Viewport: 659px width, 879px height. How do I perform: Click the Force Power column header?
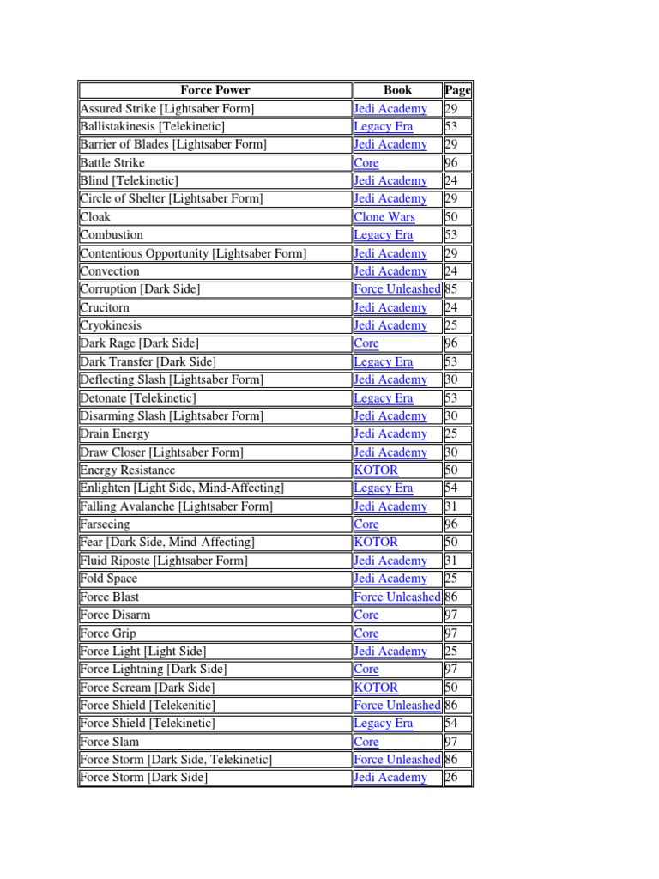215,90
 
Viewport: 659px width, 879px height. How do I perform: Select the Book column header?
397,90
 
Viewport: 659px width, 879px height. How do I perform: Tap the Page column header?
457,90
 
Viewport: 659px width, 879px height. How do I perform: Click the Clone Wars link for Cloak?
384,217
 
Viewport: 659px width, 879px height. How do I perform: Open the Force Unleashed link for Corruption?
397,289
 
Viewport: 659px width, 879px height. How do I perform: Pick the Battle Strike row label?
112,163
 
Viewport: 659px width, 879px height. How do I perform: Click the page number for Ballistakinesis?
452,127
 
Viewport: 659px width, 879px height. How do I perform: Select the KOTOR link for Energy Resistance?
376,470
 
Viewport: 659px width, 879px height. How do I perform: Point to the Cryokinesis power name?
111,325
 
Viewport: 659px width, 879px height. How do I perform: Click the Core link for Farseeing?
366,524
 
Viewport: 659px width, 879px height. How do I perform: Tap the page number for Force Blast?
452,597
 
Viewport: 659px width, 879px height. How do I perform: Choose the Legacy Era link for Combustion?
383,235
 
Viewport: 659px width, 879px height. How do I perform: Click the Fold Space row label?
108,579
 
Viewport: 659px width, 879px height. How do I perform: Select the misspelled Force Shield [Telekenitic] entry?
148,706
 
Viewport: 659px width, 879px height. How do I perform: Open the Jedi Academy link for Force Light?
390,652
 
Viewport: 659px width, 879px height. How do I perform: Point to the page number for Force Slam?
452,742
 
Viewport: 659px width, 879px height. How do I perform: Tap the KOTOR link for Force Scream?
376,688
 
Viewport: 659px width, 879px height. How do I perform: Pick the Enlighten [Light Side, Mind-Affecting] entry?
182,488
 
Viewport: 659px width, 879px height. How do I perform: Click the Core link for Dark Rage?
366,343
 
